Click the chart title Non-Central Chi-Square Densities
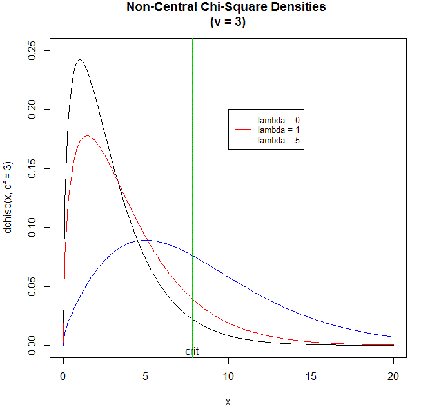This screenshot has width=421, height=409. [227, 8]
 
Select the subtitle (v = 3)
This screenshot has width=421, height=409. [227, 21]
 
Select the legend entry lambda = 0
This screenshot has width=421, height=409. [278, 120]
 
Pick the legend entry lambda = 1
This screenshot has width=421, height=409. [278, 130]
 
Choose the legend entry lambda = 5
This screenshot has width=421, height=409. [278, 139]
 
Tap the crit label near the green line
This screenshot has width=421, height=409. [192, 352]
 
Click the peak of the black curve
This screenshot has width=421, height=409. [79, 60]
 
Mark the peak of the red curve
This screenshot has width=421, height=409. [87, 135]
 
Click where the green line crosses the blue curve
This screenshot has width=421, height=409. [193, 255]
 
